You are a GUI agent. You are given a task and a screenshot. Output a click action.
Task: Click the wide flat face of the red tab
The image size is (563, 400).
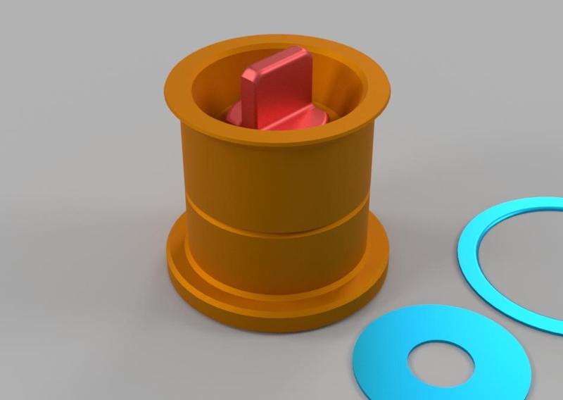[x=285, y=88]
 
